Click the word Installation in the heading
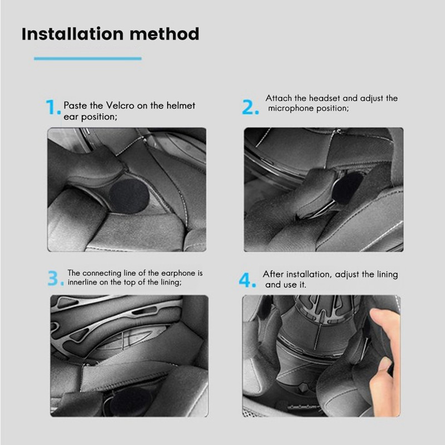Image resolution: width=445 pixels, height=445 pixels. [x=72, y=34]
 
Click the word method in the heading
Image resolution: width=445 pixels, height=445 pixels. [x=165, y=34]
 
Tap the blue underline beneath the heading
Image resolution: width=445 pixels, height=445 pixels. [x=88, y=59]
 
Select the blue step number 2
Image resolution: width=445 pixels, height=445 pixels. [x=250, y=107]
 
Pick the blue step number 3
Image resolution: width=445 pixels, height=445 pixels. [x=56, y=278]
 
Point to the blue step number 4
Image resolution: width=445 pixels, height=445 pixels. [x=248, y=280]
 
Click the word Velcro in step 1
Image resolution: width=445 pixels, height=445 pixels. [x=120, y=106]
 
